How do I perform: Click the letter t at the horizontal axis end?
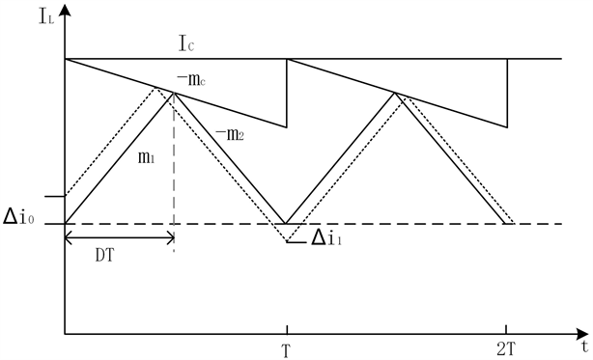583,342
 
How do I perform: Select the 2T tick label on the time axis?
506,349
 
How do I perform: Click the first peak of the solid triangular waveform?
174,93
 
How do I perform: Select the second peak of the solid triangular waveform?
395,93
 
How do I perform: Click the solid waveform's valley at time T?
286,224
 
